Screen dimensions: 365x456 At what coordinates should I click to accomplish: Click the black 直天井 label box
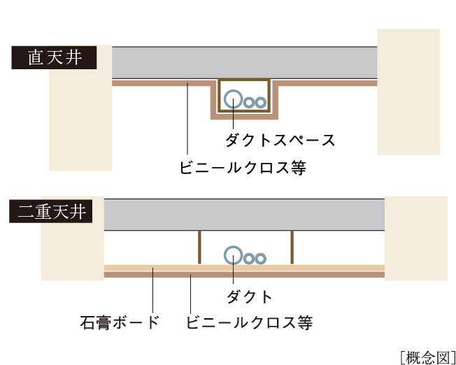[x=52, y=57]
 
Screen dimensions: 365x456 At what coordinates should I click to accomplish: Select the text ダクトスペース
[x=280, y=140]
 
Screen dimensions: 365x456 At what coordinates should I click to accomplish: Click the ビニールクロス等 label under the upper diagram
[x=242, y=168]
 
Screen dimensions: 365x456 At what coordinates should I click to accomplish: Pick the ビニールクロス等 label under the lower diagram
[x=248, y=322]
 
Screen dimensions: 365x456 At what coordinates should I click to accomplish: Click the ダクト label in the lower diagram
[x=249, y=296]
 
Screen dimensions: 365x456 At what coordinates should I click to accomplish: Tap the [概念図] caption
[x=427, y=356]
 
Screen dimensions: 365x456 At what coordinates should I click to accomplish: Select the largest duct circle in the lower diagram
[x=234, y=256]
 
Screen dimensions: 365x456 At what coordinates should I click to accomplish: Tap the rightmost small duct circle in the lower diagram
[x=260, y=258]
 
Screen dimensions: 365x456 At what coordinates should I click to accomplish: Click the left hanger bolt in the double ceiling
[x=199, y=246]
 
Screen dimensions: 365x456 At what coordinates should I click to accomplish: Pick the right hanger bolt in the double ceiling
[x=292, y=246]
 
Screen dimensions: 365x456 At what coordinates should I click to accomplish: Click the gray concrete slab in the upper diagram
[x=245, y=63]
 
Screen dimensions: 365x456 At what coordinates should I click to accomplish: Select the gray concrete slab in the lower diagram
[x=245, y=214]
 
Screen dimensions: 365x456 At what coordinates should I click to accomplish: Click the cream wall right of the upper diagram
[x=408, y=91]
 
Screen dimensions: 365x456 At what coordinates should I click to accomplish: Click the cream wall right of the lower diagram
[x=416, y=238]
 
